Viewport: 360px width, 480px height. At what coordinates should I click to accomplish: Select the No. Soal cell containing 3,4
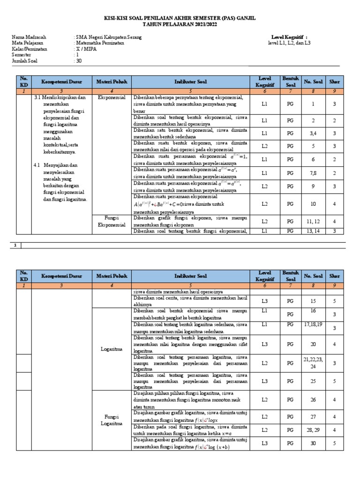point(313,134)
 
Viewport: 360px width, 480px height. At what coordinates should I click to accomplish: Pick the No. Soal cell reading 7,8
point(313,173)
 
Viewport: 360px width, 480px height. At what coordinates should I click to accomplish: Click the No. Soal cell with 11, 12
point(313,221)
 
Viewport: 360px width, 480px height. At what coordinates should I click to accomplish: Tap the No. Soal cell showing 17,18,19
point(314,323)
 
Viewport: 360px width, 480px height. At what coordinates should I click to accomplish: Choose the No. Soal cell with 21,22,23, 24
point(314,363)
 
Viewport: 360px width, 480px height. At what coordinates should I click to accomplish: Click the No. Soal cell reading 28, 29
point(313,430)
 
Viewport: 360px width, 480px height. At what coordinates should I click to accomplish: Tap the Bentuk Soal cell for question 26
point(290,400)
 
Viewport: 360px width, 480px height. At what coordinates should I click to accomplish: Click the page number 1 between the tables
point(15,245)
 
